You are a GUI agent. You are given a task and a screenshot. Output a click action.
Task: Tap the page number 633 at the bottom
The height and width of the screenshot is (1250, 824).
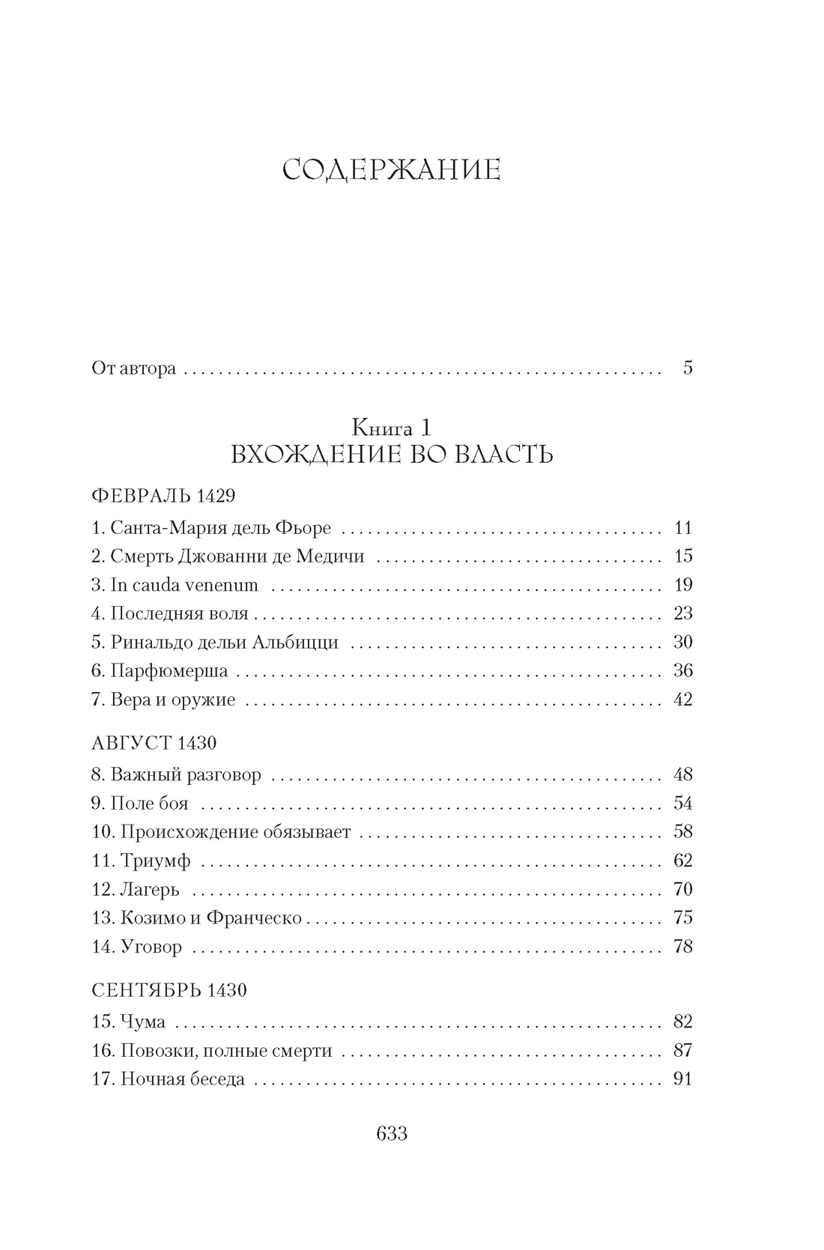pyautogui.click(x=391, y=1133)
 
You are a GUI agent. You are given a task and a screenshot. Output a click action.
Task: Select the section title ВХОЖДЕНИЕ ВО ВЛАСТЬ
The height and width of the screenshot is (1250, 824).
pyautogui.click(x=392, y=454)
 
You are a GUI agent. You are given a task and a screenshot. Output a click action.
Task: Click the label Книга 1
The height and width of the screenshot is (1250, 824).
pyautogui.click(x=392, y=427)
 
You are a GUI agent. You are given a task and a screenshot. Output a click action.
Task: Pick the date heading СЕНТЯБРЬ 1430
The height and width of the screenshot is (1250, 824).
pyautogui.click(x=169, y=990)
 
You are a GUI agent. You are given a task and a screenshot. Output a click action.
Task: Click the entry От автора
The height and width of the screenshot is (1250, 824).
pyautogui.click(x=133, y=368)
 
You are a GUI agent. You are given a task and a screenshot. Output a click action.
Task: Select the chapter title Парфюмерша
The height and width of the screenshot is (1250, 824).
pyautogui.click(x=169, y=671)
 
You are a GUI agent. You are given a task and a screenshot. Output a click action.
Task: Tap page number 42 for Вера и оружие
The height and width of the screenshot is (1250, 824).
pyautogui.click(x=682, y=700)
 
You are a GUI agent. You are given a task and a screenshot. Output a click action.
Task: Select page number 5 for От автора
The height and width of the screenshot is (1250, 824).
pyautogui.click(x=688, y=368)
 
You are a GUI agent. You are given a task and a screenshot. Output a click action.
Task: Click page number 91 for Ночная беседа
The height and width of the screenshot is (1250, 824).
pyautogui.click(x=682, y=1079)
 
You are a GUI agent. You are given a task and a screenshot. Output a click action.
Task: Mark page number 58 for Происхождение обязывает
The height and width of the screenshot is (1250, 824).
pyautogui.click(x=682, y=832)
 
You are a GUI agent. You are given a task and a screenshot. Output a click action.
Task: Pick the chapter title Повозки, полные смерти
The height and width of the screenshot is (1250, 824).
pyautogui.click(x=225, y=1051)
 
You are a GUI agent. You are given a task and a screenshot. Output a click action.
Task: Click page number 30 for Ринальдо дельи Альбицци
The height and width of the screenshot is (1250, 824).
pyautogui.click(x=682, y=643)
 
